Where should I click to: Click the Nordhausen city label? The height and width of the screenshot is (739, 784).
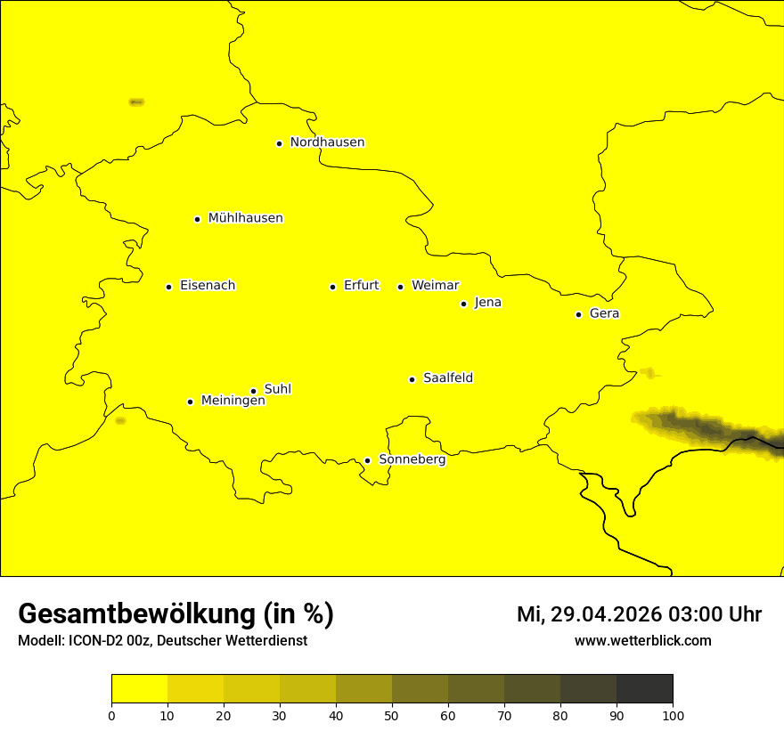327,142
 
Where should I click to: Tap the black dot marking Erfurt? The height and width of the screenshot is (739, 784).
332,287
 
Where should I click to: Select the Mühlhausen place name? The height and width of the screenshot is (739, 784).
245,218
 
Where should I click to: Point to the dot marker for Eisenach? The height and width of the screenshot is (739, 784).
168,287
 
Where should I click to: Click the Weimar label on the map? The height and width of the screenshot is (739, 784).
435,286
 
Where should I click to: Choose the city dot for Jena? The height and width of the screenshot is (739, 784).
463,304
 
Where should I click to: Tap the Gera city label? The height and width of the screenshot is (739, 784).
604,313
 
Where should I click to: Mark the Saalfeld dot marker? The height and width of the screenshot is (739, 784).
412,379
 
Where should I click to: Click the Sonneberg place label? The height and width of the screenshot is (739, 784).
412,459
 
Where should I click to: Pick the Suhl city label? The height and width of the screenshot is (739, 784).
278,389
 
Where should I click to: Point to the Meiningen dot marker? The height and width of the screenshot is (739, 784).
190,402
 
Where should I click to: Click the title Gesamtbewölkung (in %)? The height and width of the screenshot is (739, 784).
176,613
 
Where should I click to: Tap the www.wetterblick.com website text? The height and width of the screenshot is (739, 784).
642,640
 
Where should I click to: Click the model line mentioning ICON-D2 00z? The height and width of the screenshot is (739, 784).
162,640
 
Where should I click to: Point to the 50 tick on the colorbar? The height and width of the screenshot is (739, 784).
392,714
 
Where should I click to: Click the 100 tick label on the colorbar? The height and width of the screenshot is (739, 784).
673,714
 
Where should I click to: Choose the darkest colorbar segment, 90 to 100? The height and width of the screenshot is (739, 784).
644,688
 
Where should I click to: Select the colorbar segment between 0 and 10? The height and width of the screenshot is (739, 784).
139,688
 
